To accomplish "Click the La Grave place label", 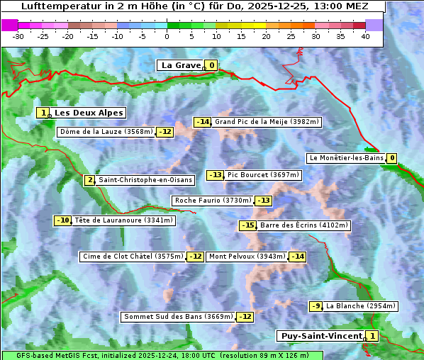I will point(181,65).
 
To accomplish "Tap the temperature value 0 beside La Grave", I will point(211,65).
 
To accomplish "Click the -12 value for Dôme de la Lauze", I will point(165,132).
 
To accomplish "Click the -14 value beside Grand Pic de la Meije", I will point(203,122).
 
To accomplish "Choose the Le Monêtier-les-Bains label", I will point(346,158).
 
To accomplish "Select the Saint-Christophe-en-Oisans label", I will point(145,180).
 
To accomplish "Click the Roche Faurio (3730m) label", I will point(213,201).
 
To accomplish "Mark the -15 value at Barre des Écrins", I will point(247,225).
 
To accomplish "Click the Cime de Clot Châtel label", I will point(133,257).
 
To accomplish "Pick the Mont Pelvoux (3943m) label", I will point(247,257).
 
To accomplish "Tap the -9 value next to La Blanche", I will point(316,306).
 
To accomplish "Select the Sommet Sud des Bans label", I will point(178,317).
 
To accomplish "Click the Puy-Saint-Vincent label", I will point(321,336).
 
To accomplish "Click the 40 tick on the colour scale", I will point(365,35).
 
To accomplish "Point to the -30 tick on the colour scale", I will point(18,35).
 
